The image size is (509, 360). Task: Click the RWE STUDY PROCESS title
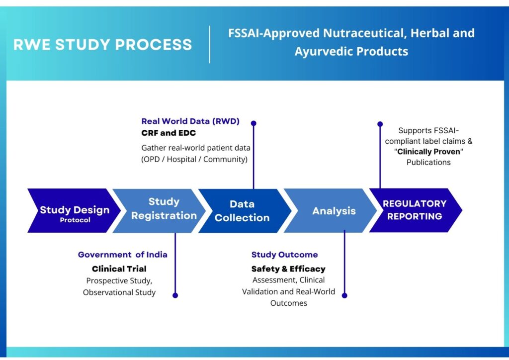click(102, 44)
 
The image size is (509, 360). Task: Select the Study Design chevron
click(74, 211)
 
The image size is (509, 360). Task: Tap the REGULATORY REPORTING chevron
click(415, 210)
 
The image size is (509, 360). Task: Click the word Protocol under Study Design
click(75, 220)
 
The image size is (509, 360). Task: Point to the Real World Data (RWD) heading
click(190, 121)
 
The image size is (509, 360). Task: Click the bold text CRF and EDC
click(169, 133)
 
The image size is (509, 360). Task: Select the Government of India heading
click(122, 255)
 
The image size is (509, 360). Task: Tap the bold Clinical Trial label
click(119, 269)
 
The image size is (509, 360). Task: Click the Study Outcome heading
click(284, 255)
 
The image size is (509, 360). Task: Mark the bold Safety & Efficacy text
click(288, 269)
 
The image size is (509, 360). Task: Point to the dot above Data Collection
click(254, 123)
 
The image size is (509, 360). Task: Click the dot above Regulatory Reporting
click(380, 124)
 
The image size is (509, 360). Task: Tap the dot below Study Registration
click(175, 295)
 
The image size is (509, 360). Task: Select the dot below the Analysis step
click(344, 295)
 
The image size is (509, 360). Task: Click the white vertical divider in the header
click(209, 44)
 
